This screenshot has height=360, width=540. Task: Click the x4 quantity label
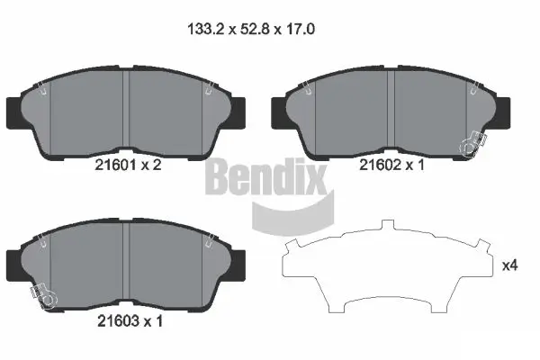[x=509, y=265]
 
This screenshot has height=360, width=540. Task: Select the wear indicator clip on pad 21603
[x=39, y=293]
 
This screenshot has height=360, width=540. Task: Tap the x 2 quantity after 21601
[x=154, y=165]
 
